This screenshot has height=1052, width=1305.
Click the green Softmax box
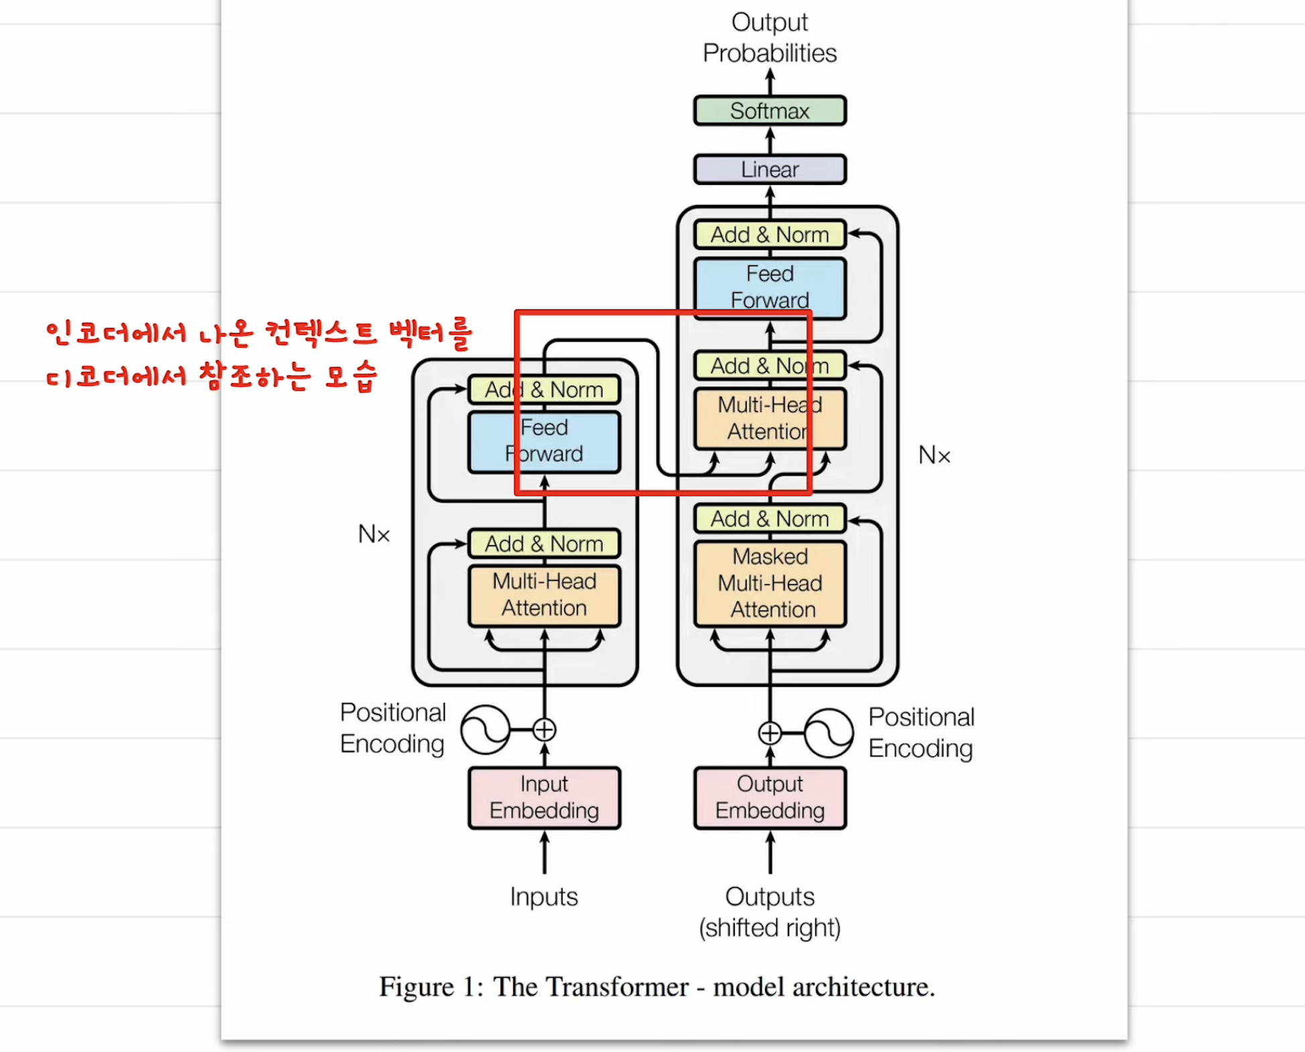(x=770, y=111)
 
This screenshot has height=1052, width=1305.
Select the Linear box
(x=770, y=170)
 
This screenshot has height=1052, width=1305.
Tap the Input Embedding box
(x=544, y=797)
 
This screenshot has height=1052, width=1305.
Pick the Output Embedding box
(x=770, y=797)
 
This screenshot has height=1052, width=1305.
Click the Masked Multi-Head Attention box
(x=770, y=584)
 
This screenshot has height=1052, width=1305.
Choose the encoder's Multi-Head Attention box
(x=544, y=595)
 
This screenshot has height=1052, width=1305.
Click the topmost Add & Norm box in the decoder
(x=770, y=235)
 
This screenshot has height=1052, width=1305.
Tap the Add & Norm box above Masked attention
(x=770, y=519)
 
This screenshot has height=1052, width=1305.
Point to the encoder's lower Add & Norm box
(x=544, y=543)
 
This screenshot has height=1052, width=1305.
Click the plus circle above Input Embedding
(x=544, y=730)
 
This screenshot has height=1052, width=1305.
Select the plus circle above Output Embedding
(x=770, y=733)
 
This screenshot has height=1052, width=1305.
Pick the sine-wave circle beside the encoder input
(x=486, y=730)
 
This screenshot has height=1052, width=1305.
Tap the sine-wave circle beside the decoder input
(x=829, y=733)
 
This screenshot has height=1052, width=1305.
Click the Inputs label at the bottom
(x=543, y=897)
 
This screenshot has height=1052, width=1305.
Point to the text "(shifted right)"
(x=770, y=928)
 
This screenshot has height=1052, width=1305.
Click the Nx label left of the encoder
(x=374, y=534)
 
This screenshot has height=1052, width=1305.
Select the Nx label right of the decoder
(x=934, y=456)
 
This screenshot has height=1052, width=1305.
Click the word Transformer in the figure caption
(x=591, y=987)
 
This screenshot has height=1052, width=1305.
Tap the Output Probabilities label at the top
(x=770, y=38)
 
